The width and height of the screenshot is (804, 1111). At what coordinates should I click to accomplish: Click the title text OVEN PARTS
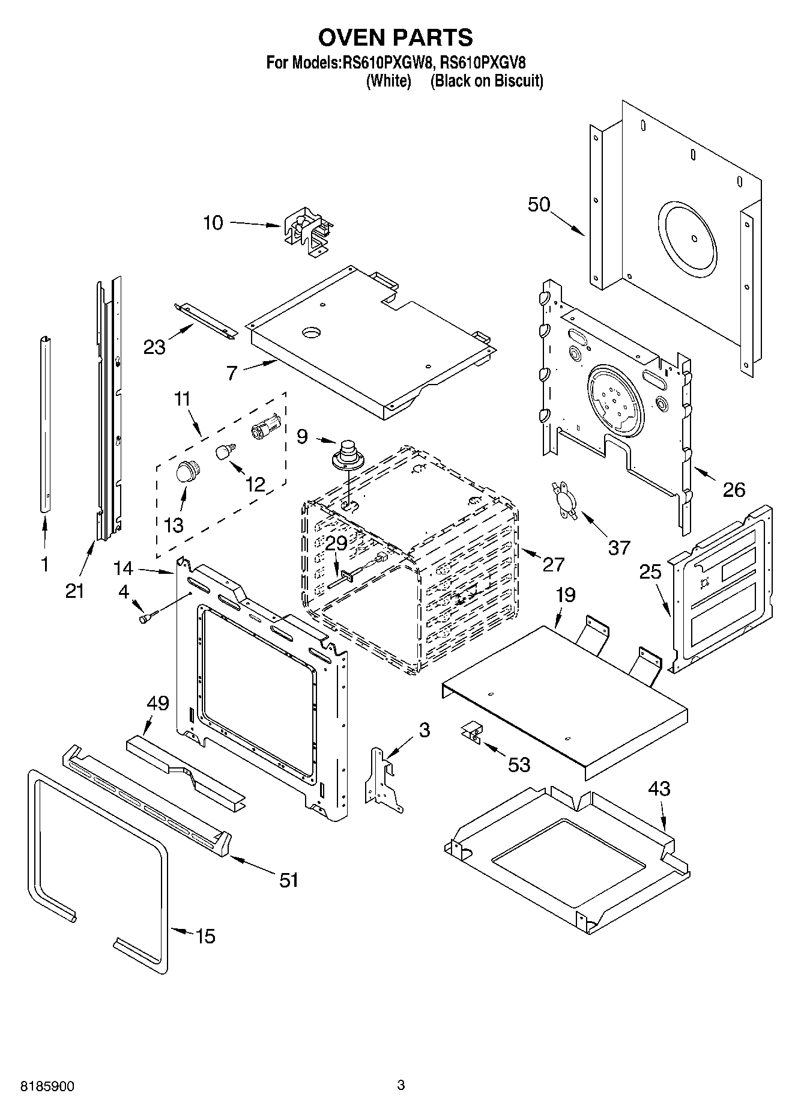395,37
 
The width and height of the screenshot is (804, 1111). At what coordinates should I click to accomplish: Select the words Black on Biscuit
486,81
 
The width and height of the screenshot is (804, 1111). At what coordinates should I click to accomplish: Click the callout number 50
539,204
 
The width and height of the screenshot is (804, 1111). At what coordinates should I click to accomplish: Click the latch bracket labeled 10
308,232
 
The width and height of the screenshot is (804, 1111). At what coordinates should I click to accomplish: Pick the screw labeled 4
148,615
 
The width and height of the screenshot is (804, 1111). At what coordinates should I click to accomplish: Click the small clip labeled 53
472,732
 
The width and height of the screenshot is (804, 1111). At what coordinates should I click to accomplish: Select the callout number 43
659,788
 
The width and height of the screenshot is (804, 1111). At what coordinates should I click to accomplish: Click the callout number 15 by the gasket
205,936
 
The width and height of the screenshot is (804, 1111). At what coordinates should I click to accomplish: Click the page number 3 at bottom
401,1085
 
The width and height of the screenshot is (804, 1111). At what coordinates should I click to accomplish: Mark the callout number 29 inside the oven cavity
336,543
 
